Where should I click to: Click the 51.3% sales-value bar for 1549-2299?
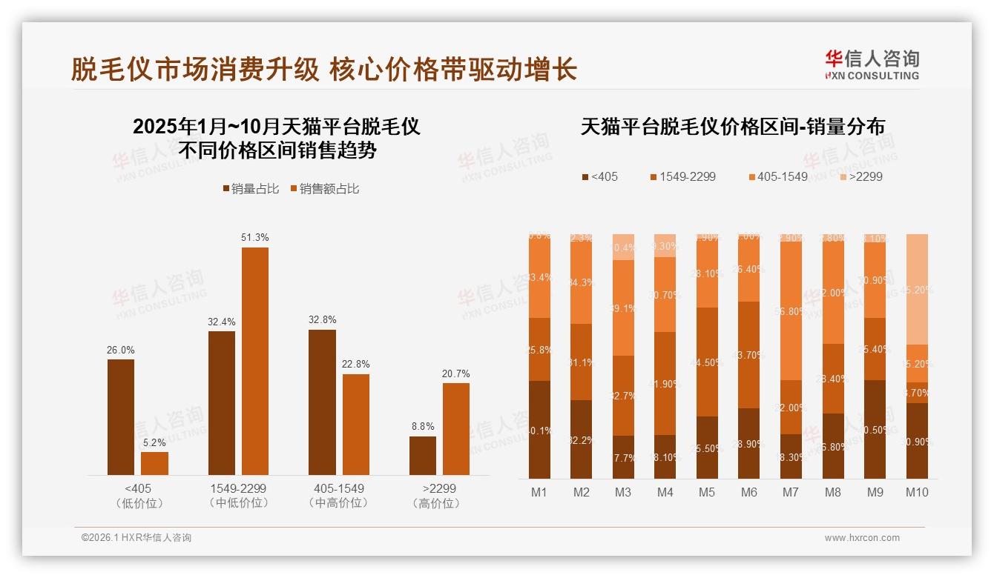[x=255, y=361]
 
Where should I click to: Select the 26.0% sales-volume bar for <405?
[x=121, y=417]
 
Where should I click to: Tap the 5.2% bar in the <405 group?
[x=154, y=463]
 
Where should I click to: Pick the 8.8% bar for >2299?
[x=423, y=456]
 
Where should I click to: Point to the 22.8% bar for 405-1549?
[x=356, y=425]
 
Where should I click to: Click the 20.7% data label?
[x=455, y=373]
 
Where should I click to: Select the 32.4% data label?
[x=222, y=322]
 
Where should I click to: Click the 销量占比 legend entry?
[x=250, y=189]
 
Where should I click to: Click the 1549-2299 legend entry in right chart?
[x=682, y=177]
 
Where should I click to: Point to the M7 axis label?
[x=791, y=492]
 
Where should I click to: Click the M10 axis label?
[x=917, y=492]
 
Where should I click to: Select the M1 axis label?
[x=539, y=492]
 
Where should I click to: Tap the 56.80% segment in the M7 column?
[x=791, y=310]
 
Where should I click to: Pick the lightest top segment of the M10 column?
[x=917, y=289]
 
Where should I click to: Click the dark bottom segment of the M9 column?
[x=875, y=429]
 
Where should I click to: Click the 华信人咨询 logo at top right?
[x=872, y=64]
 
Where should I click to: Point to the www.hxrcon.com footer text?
[x=862, y=538]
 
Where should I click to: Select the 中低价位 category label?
[x=239, y=503]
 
